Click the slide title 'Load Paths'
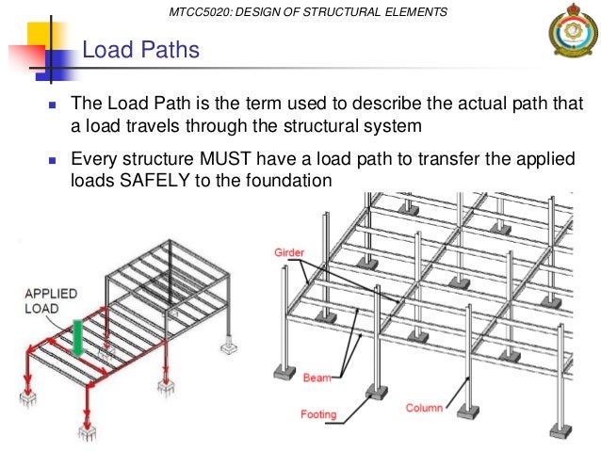[140, 49]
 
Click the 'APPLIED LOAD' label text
[52, 300]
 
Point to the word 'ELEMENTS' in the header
[412, 11]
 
